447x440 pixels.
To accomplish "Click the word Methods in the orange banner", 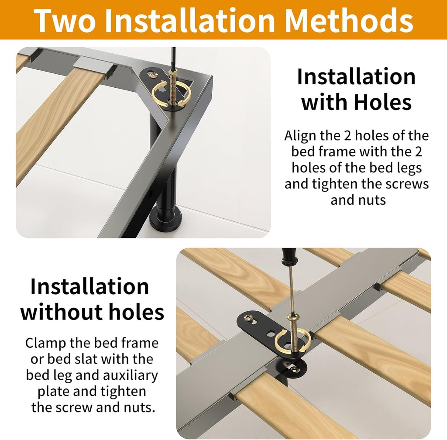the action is tap(349, 20).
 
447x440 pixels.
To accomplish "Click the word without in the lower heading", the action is tap(60, 312).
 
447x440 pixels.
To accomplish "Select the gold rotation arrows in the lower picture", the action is tap(292, 341).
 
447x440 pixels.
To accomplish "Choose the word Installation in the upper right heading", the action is tap(356, 76).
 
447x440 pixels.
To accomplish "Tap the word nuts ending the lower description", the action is tap(139, 408).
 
